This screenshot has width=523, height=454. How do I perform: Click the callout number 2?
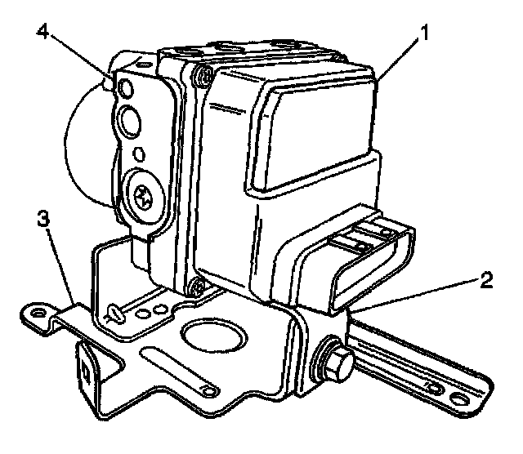click(487, 282)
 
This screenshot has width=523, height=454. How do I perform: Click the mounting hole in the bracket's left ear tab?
click(36, 312)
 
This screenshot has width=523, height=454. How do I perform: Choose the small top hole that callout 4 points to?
click(124, 87)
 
